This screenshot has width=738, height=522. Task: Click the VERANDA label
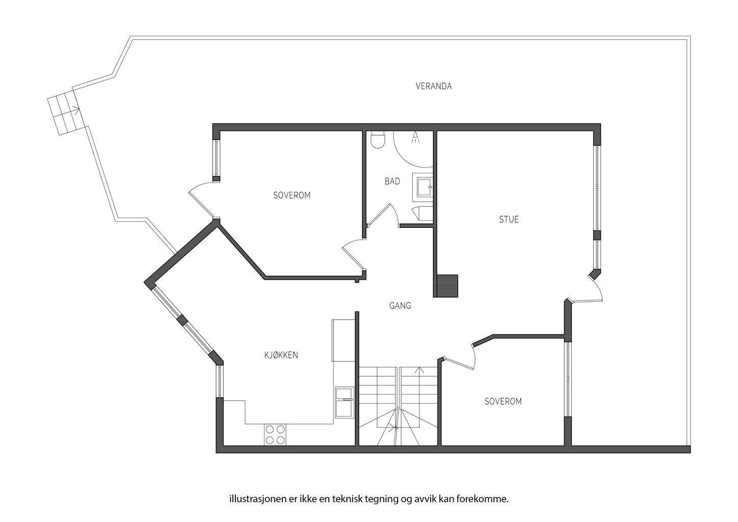[433, 86]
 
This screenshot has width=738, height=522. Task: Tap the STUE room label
[509, 220]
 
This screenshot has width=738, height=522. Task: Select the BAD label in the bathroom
[392, 181]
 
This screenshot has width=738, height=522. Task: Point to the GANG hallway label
[400, 306]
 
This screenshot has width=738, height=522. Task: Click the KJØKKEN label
[281, 355]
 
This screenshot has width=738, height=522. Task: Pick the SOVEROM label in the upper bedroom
[292, 195]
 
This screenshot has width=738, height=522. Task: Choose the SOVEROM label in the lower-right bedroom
[503, 401]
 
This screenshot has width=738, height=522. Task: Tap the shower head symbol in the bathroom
[415, 137]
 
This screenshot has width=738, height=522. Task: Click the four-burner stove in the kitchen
[275, 435]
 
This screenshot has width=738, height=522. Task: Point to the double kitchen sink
[345, 402]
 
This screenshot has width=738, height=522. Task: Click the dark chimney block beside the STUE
[447, 285]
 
